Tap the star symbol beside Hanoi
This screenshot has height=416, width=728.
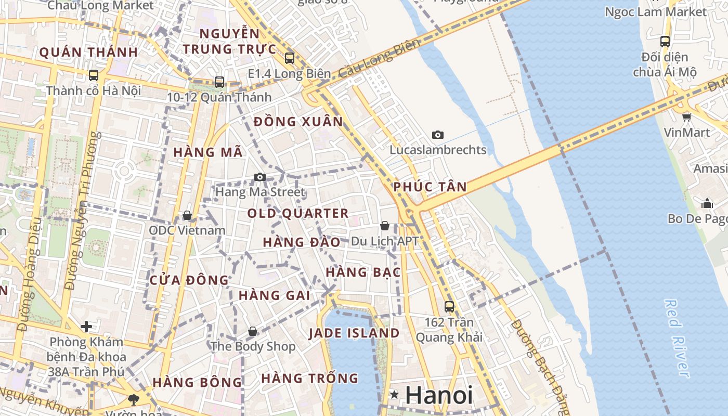(x=395, y=395)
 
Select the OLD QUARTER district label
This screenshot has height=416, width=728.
(x=298, y=213)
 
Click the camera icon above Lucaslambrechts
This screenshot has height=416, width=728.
(x=438, y=135)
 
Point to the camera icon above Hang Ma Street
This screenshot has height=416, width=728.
(x=260, y=177)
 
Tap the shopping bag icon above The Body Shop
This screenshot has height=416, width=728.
(x=252, y=331)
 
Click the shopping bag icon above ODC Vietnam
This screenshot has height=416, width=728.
(x=187, y=215)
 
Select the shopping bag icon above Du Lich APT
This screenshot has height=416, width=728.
(x=385, y=226)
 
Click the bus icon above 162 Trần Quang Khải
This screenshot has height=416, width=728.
(x=449, y=307)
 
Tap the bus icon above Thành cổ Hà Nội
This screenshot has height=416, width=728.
(x=94, y=75)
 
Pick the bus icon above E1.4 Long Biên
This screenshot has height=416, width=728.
(x=290, y=58)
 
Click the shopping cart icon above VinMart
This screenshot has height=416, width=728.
(x=686, y=117)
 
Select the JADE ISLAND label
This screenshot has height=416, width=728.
(x=354, y=333)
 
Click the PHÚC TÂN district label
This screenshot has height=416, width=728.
(x=430, y=187)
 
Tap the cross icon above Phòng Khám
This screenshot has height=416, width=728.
(x=86, y=327)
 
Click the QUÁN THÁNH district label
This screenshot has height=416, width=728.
(x=88, y=53)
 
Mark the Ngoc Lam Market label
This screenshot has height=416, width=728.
(x=656, y=11)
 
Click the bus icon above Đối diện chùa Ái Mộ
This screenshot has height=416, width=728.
(x=665, y=42)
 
